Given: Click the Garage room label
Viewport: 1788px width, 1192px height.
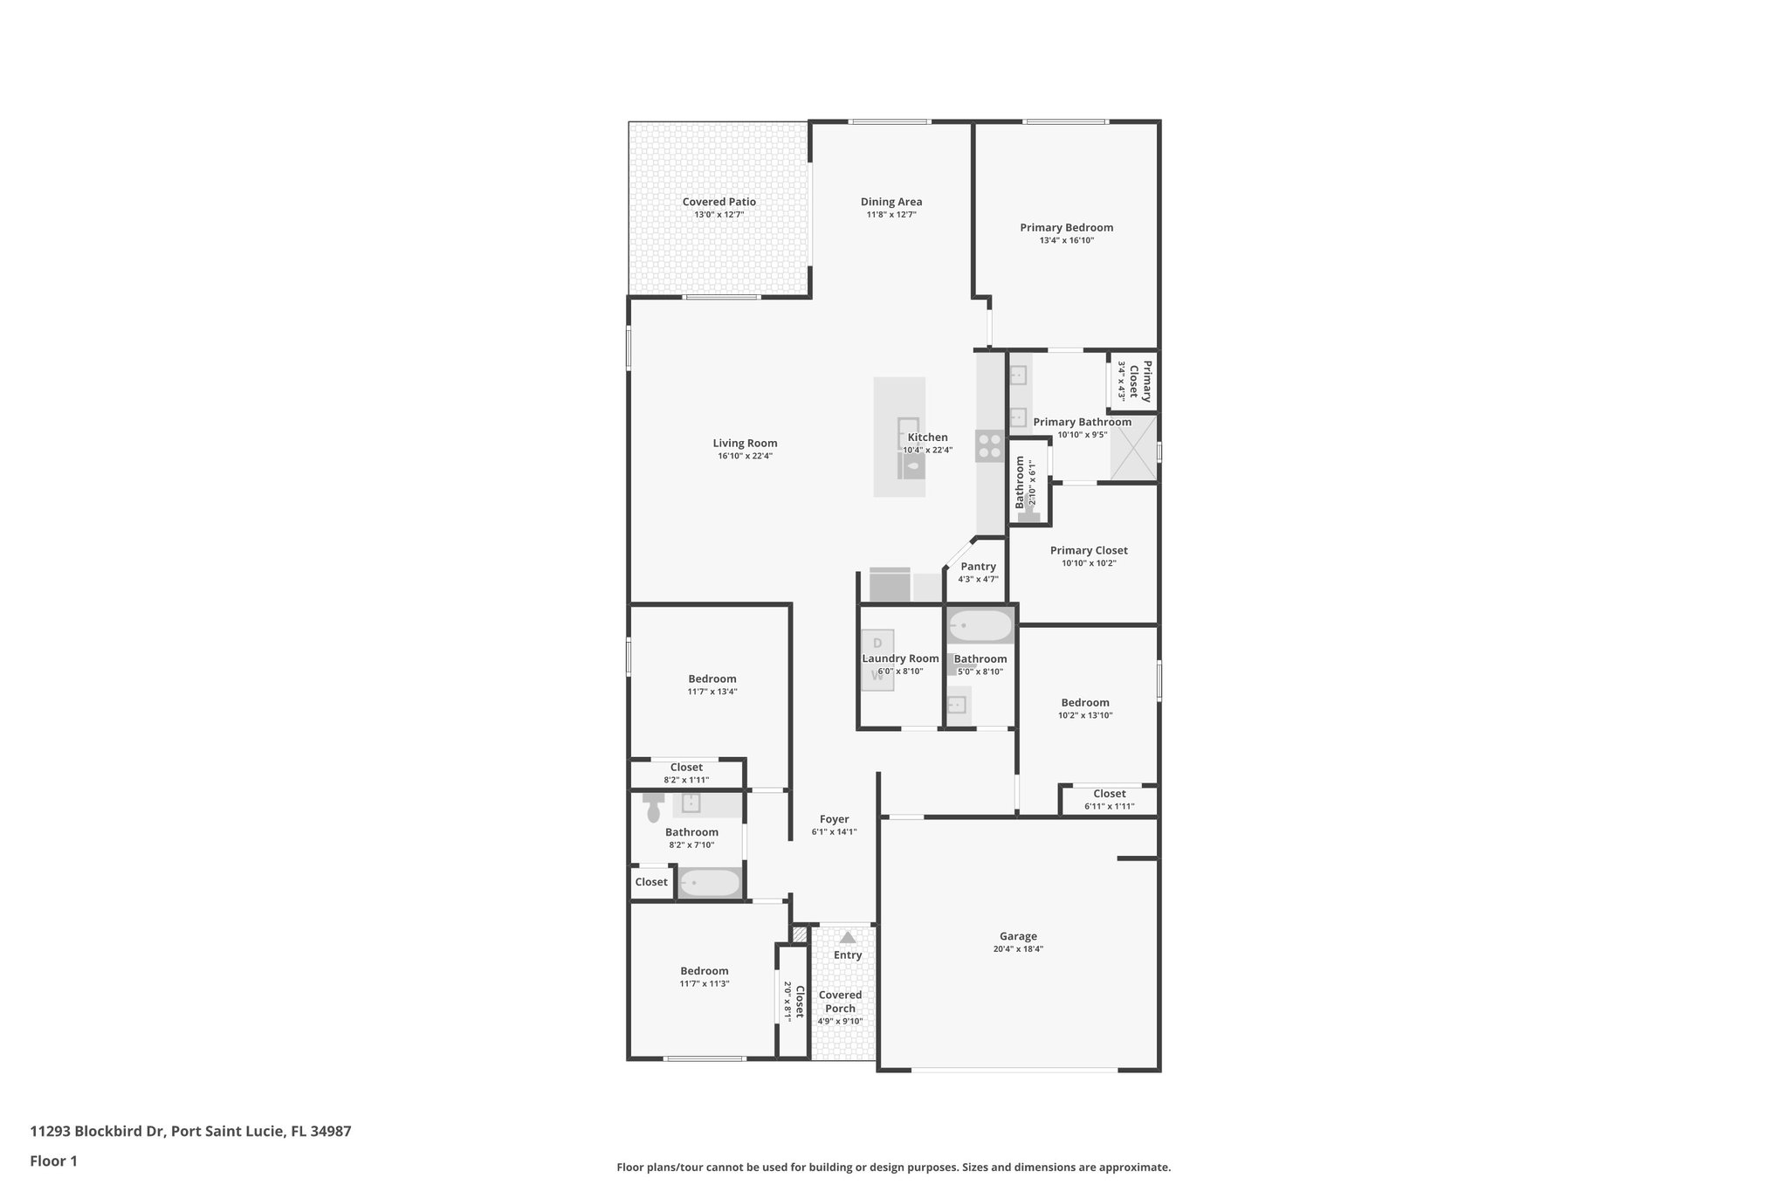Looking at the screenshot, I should [x=1018, y=936].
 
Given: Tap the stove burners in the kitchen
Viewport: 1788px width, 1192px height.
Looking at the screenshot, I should [x=989, y=446].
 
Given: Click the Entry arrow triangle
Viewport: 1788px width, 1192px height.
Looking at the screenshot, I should [x=847, y=937].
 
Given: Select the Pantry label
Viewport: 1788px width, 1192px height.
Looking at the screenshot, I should [x=978, y=567].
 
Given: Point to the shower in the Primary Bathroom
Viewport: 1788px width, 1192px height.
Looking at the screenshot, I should [x=1133, y=448].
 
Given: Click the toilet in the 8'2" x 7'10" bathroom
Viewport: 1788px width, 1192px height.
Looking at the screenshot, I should [x=653, y=808].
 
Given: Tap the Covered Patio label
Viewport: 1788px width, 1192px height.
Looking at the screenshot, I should [x=719, y=202].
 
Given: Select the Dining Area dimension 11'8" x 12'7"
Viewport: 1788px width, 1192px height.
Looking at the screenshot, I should [x=891, y=215].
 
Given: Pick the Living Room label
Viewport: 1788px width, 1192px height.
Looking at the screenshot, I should [x=745, y=443].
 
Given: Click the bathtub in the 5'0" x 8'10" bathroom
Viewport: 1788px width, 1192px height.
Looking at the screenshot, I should [x=980, y=626].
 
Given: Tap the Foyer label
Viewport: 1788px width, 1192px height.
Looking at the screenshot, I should [x=834, y=819].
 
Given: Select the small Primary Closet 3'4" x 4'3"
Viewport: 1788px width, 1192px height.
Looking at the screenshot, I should [x=1134, y=381].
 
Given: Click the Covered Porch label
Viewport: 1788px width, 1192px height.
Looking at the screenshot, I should [x=840, y=1002].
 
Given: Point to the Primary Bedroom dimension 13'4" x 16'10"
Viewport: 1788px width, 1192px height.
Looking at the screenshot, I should [x=1066, y=240].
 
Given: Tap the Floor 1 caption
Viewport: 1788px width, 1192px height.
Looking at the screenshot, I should [x=53, y=1161].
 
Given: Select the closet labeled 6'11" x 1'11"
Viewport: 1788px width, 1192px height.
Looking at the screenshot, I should [x=1109, y=800].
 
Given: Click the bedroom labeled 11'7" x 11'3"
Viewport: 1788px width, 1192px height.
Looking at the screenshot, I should [x=705, y=977].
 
